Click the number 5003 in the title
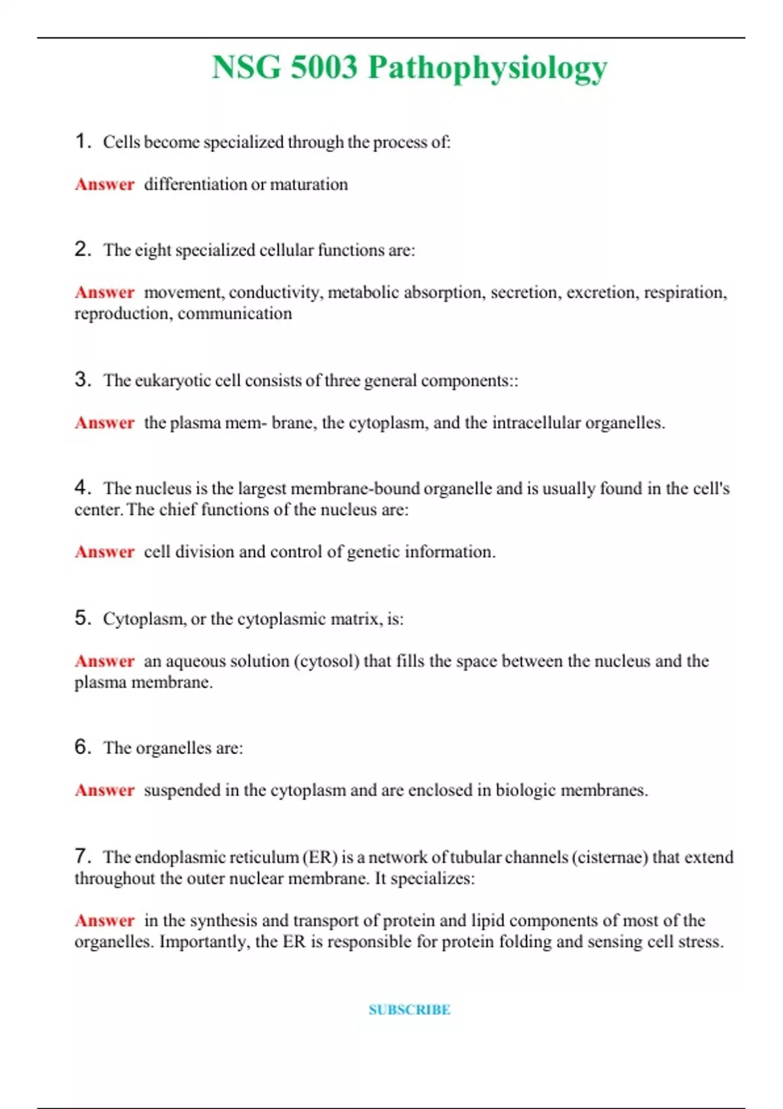pyautogui.click(x=324, y=67)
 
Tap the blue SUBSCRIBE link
pyautogui.click(x=409, y=1010)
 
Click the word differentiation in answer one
pyautogui.click(x=195, y=185)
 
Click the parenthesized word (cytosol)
pyautogui.click(x=326, y=661)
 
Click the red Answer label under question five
pyautogui.click(x=104, y=661)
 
